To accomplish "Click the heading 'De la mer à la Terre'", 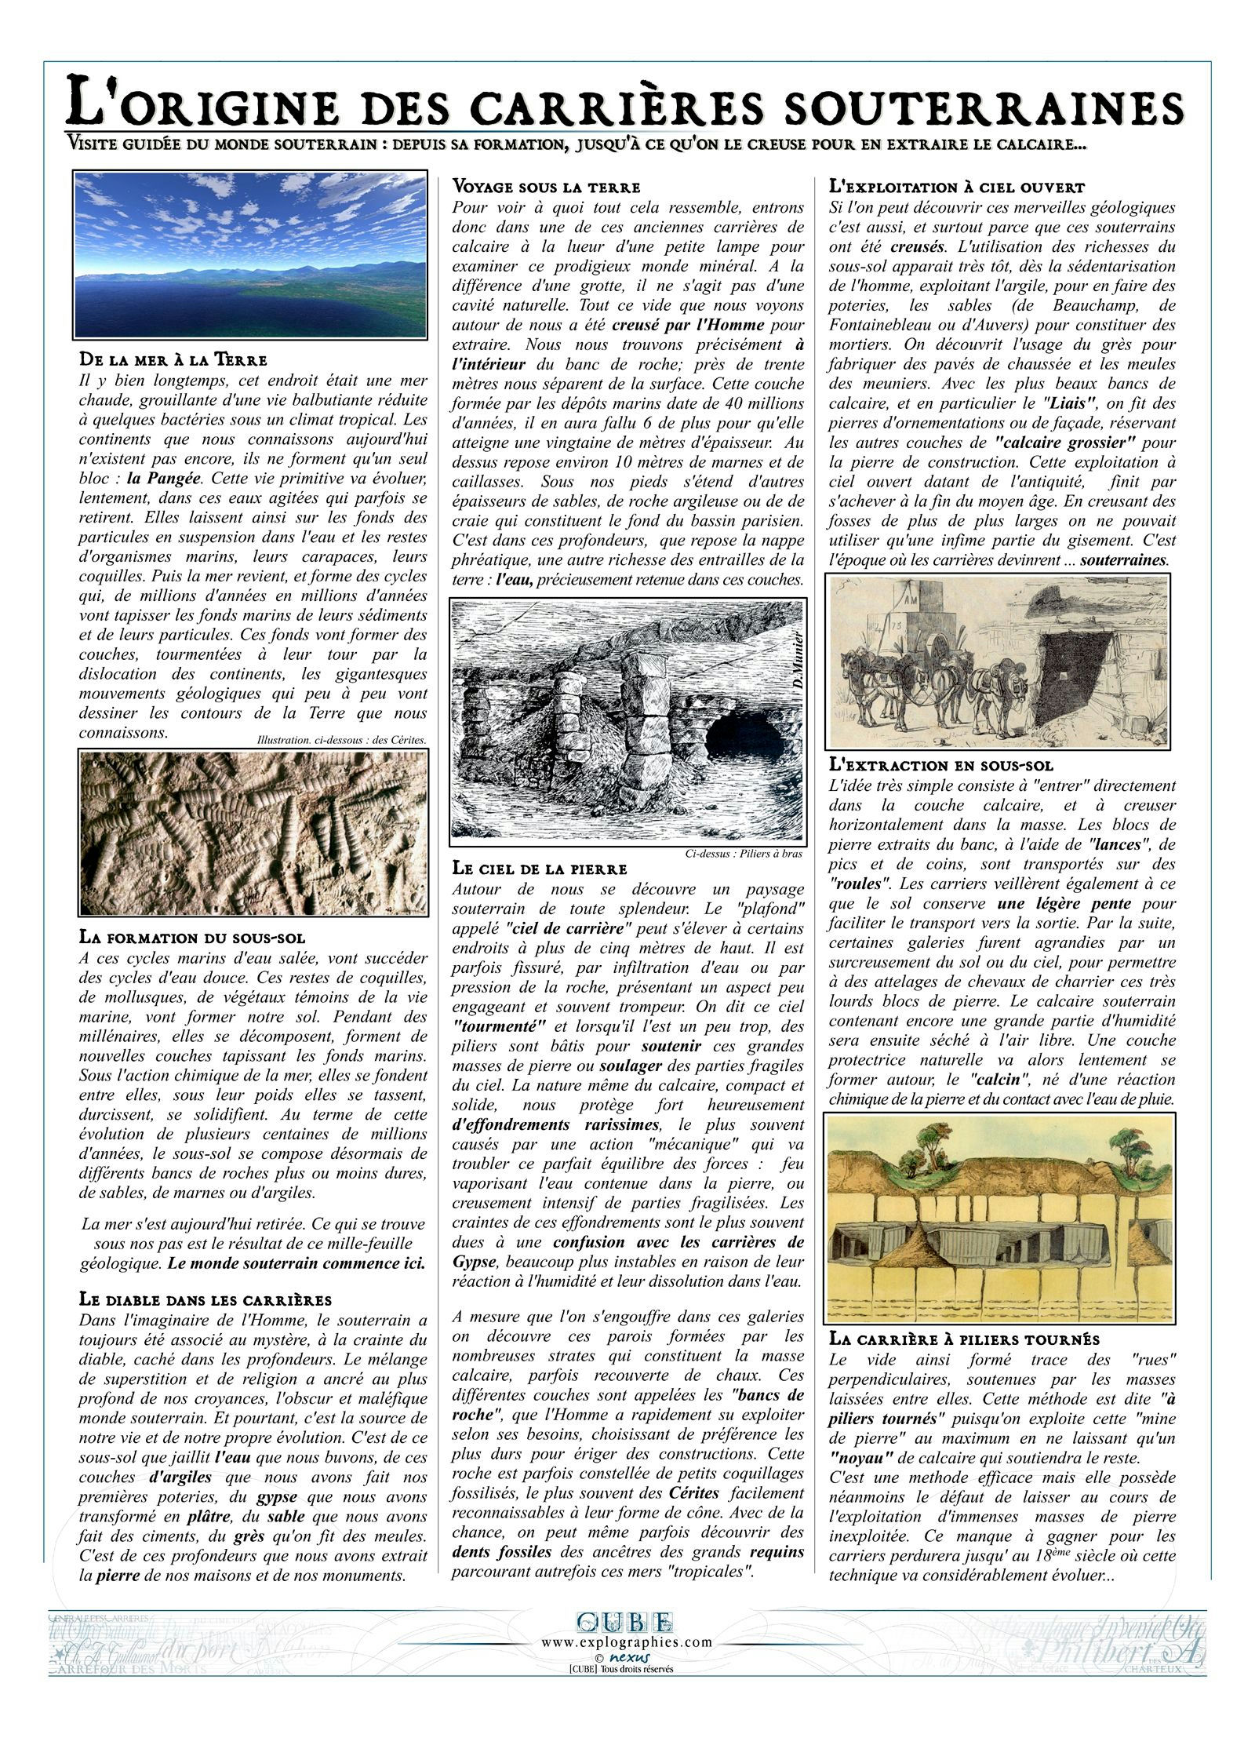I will coord(173,360).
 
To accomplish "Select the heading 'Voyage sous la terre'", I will coord(546,188).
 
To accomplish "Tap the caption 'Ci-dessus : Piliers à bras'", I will coord(743,854).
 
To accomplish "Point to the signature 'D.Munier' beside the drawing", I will coord(795,659).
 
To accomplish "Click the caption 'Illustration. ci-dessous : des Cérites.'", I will coord(341,739).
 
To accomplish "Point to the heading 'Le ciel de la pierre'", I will coord(540,869).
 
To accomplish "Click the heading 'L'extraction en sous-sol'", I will coord(941,765).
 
